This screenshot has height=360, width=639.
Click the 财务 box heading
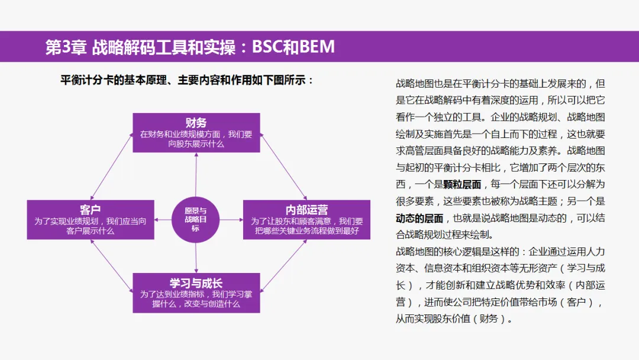click(196, 123)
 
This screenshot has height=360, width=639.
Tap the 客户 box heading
click(91, 210)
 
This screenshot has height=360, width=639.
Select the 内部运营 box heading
click(306, 210)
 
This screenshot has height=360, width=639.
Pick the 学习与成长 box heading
click(196, 282)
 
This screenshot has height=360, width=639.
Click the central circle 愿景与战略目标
click(196, 219)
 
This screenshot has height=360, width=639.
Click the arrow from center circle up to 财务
click(196, 175)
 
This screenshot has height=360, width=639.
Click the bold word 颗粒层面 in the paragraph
click(462, 184)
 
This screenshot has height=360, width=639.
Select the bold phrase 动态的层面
click(419, 218)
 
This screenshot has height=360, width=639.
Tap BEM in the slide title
click(317, 47)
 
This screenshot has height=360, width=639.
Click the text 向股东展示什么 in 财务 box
click(196, 144)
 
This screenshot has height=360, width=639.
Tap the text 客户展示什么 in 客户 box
click(91, 231)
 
